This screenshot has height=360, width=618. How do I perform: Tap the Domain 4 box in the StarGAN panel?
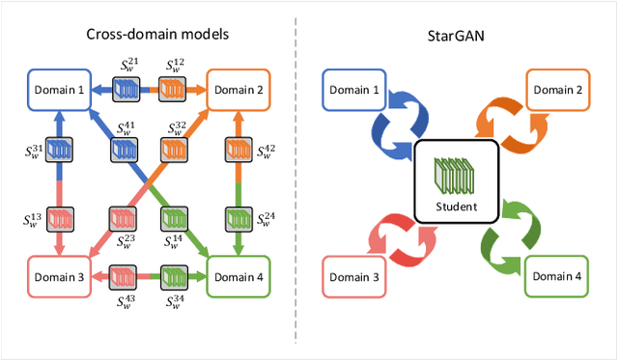coord(561,277)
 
